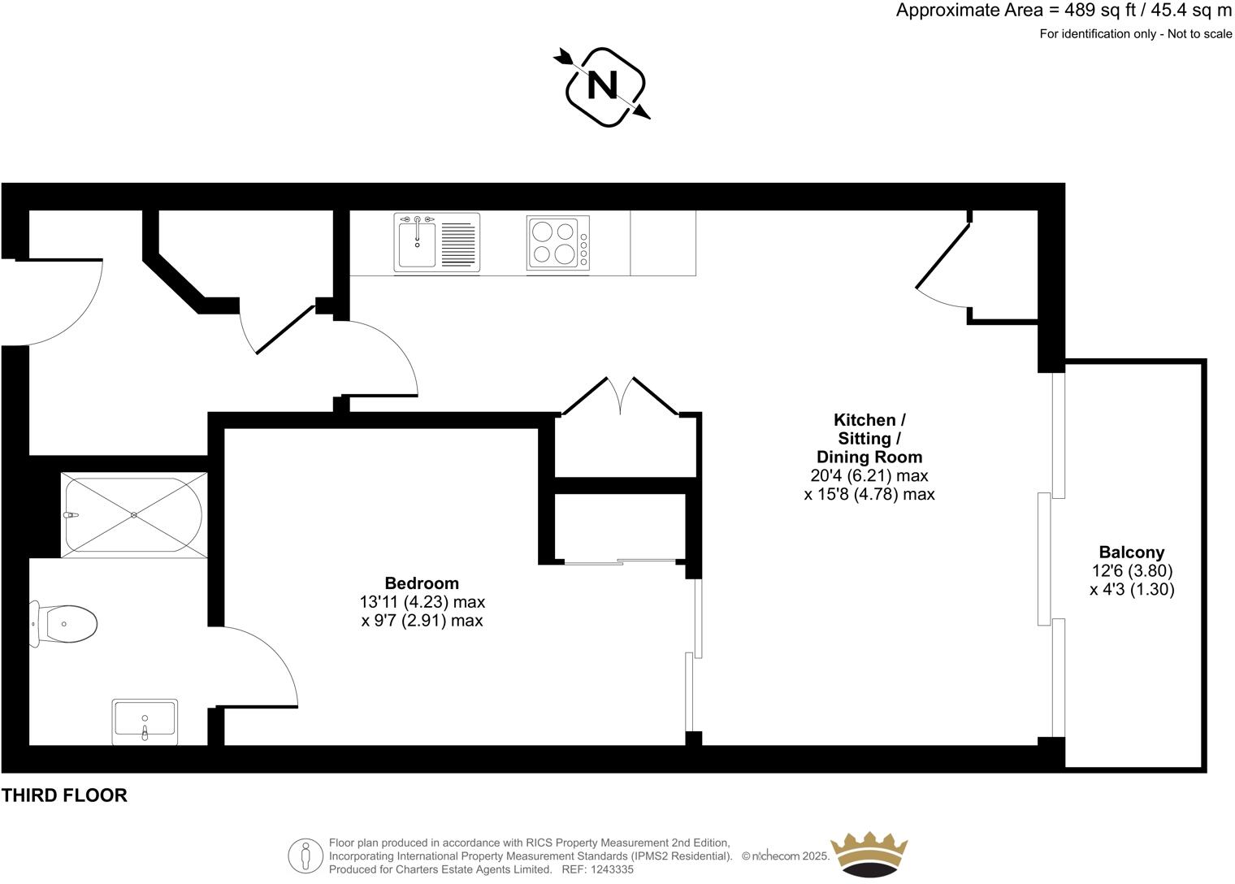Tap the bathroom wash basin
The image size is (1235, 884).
(x=145, y=721)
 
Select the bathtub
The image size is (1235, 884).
(x=134, y=514)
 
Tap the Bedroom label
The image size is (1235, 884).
(x=422, y=583)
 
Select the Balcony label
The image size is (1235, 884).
(x=1132, y=552)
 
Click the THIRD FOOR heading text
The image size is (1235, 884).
(x=64, y=795)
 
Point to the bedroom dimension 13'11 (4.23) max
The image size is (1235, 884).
(x=422, y=602)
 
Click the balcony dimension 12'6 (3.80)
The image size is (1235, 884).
(x=1132, y=571)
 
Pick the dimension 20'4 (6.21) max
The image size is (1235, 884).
(x=869, y=475)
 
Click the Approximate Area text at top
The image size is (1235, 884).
(x=1064, y=11)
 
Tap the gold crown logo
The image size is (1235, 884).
(x=868, y=855)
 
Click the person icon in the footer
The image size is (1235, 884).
(x=305, y=856)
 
